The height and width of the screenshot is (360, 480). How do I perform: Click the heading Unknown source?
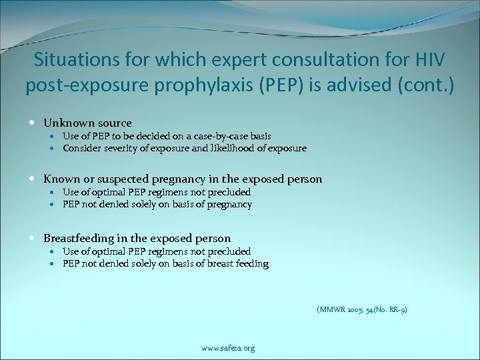(87, 123)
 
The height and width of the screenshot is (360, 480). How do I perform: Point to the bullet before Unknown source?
(33, 123)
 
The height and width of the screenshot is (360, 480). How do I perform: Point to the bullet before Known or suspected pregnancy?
(33, 179)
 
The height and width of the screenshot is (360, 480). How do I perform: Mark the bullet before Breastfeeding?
(33, 238)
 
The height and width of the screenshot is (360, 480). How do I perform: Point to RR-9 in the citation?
(397, 309)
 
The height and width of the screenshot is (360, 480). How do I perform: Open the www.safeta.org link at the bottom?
(228, 348)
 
